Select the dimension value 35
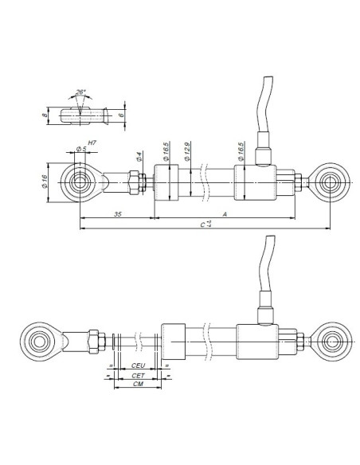click(x=117, y=215)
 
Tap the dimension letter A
click(x=226, y=215)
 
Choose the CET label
click(x=138, y=374)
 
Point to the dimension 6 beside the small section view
click(x=120, y=115)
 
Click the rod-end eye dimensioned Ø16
click(x=79, y=183)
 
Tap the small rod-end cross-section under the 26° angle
click(x=80, y=115)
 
